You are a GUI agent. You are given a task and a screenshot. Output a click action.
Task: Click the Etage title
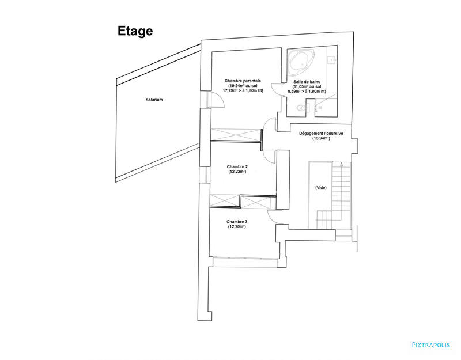click(x=135, y=31)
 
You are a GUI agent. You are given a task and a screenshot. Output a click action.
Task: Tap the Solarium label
click(x=154, y=100)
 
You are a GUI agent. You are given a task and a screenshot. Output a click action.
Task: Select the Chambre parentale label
click(x=243, y=81)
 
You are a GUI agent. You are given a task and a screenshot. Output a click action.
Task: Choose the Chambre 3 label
click(x=236, y=222)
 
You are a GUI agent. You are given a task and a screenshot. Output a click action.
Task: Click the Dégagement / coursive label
click(x=321, y=134)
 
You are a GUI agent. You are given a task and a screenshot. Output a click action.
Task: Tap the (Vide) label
click(x=320, y=188)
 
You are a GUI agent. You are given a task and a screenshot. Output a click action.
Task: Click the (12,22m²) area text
click(x=237, y=172)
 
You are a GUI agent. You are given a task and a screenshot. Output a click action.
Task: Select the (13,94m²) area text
click(x=321, y=139)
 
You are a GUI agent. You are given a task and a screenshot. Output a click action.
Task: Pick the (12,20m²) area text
click(x=236, y=227)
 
